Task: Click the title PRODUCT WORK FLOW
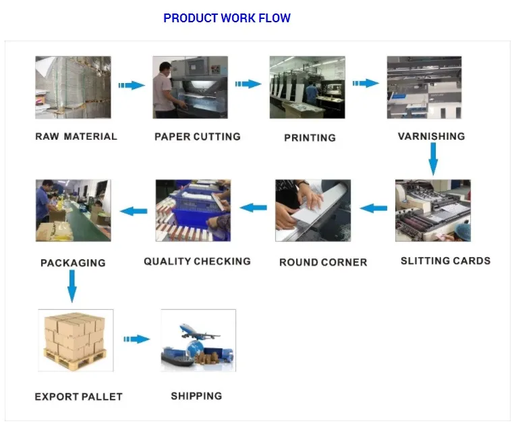227,18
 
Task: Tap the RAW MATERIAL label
76,136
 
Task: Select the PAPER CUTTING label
197,136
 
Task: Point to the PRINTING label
310,138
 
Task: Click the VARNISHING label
431,136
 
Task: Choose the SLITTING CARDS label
445,261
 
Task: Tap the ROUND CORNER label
323,262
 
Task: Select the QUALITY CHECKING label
197,261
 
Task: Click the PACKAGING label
73,263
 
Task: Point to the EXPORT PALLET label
78,396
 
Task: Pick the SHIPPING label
196,396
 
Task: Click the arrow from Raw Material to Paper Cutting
132,86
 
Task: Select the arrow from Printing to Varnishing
366,84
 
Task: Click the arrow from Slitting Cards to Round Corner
373,209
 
